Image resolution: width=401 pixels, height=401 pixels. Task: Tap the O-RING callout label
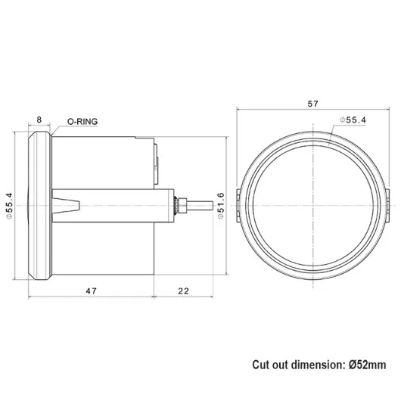pos(83,120)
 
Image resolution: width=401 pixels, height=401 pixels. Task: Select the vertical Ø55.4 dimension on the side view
pos(11,204)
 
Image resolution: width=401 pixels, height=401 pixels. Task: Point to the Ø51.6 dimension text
pos(221,205)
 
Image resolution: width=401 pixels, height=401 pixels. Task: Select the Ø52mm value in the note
pos(368,364)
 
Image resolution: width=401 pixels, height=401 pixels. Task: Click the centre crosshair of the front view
pos(313,205)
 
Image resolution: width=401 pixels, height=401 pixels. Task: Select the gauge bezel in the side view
pos(39,205)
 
